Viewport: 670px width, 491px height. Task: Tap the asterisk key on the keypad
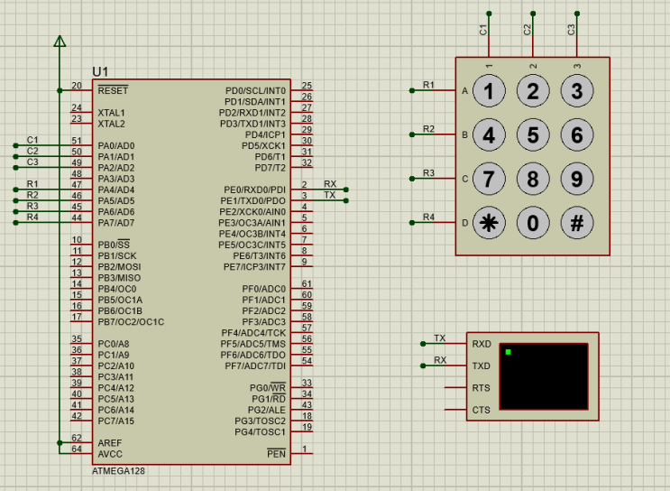tap(489, 222)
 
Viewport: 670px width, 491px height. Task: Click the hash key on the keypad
tap(577, 222)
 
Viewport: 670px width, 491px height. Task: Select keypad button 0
tap(533, 222)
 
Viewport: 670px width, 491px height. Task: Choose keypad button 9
tap(577, 179)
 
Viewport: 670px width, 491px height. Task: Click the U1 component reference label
tap(100, 72)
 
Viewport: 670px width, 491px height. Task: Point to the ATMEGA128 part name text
tap(118, 471)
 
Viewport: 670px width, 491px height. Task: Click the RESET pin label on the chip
tap(113, 90)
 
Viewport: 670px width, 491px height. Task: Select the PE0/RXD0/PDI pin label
tap(254, 190)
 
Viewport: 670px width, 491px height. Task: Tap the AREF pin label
tap(110, 443)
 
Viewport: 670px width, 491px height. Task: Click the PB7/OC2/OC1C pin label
tap(131, 321)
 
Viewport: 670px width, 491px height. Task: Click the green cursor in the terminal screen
tap(509, 351)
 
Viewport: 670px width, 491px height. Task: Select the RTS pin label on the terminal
tap(482, 388)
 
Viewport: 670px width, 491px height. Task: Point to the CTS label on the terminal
tap(482, 411)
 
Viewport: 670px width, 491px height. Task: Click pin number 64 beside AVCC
tap(77, 449)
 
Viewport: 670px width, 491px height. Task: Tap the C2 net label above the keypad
tap(528, 29)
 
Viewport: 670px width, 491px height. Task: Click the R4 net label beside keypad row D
tap(428, 218)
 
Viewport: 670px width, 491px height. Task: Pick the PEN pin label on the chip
tap(276, 454)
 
